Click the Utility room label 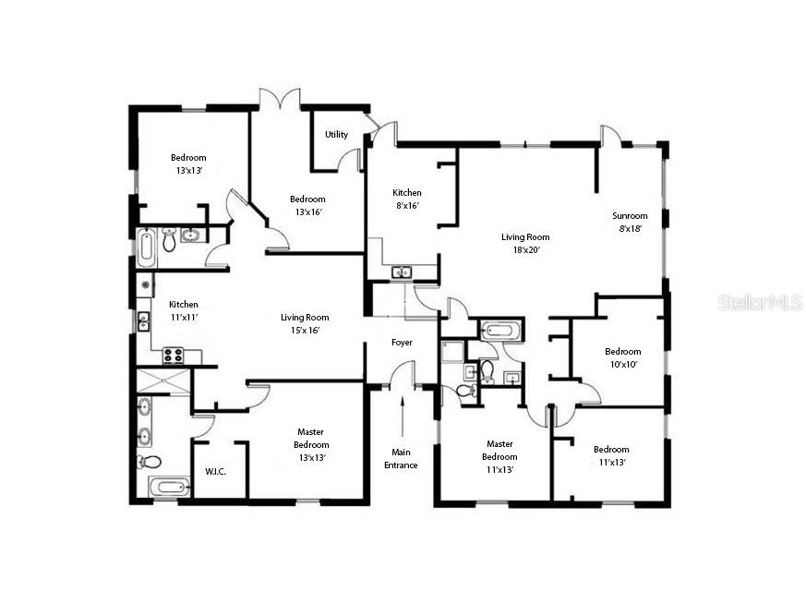click(x=336, y=135)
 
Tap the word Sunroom click(x=631, y=216)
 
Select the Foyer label click(x=402, y=343)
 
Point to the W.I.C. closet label click(x=215, y=471)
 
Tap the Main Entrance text click(x=402, y=458)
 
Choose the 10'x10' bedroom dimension click(x=623, y=364)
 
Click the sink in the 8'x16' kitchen click(x=402, y=272)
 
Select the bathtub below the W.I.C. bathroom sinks click(x=169, y=488)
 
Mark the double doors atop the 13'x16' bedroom click(x=279, y=98)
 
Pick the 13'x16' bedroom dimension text click(x=307, y=211)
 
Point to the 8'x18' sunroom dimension click(x=631, y=228)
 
